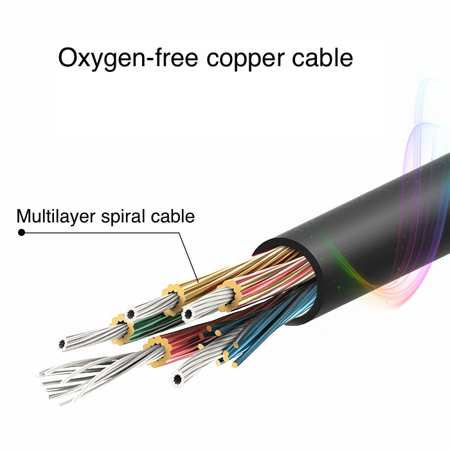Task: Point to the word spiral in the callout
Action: point(127,217)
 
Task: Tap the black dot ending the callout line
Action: point(21,232)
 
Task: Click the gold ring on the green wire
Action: point(123,327)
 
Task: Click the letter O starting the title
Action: point(69,58)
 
